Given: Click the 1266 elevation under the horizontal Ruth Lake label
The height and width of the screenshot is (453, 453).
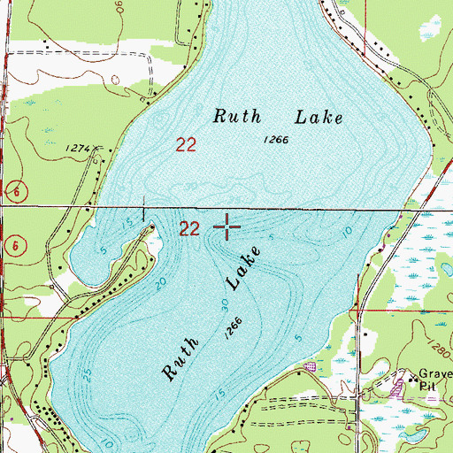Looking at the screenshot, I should click(276, 140).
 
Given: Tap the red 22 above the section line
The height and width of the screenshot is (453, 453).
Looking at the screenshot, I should click(187, 144).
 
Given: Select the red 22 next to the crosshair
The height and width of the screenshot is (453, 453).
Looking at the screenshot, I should click(189, 229).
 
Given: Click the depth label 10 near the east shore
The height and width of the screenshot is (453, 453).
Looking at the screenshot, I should click(348, 232).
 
